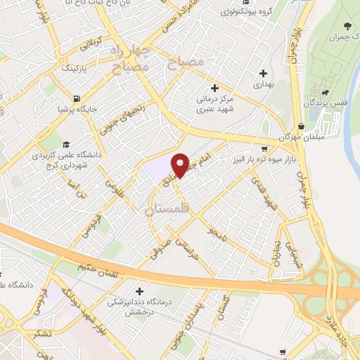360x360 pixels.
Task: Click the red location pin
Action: [180, 164]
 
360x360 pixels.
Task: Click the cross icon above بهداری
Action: [264, 72]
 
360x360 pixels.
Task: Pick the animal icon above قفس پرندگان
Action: [325, 91]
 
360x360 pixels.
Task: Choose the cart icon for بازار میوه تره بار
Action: [264, 148]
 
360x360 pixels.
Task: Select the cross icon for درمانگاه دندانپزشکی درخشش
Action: [140, 290]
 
